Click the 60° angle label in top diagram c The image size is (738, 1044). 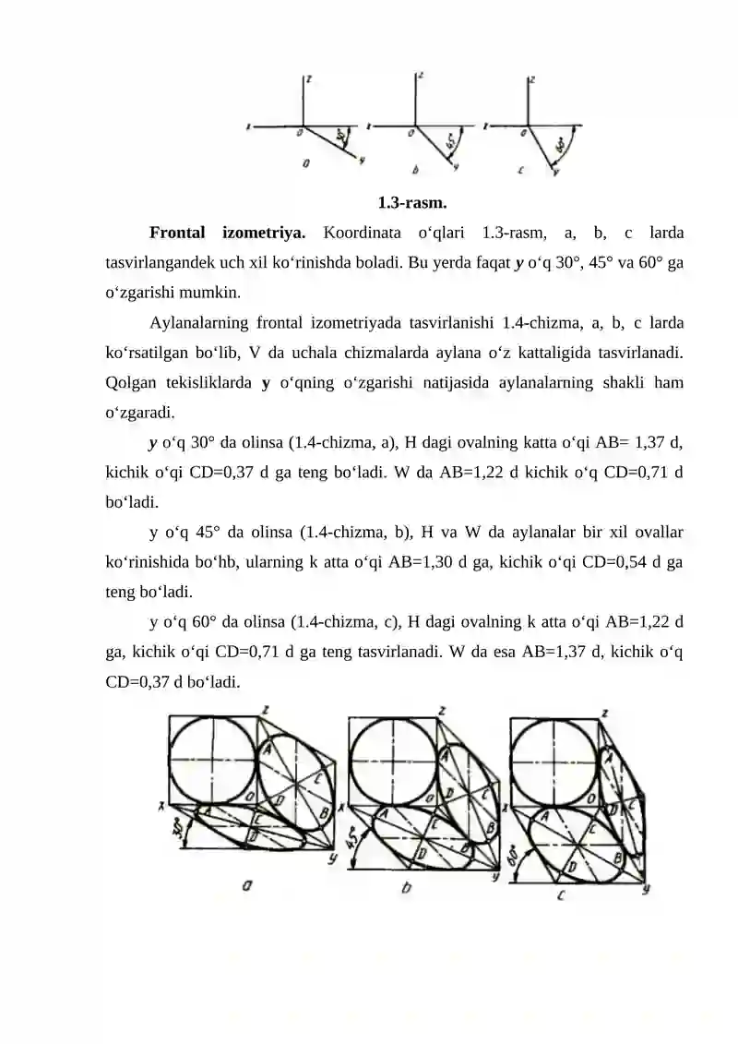(561, 145)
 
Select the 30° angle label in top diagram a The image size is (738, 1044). (341, 138)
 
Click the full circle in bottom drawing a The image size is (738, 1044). (213, 759)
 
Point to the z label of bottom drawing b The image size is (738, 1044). (443, 711)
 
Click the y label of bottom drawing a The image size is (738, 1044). (331, 858)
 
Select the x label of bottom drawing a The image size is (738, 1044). (161, 808)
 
